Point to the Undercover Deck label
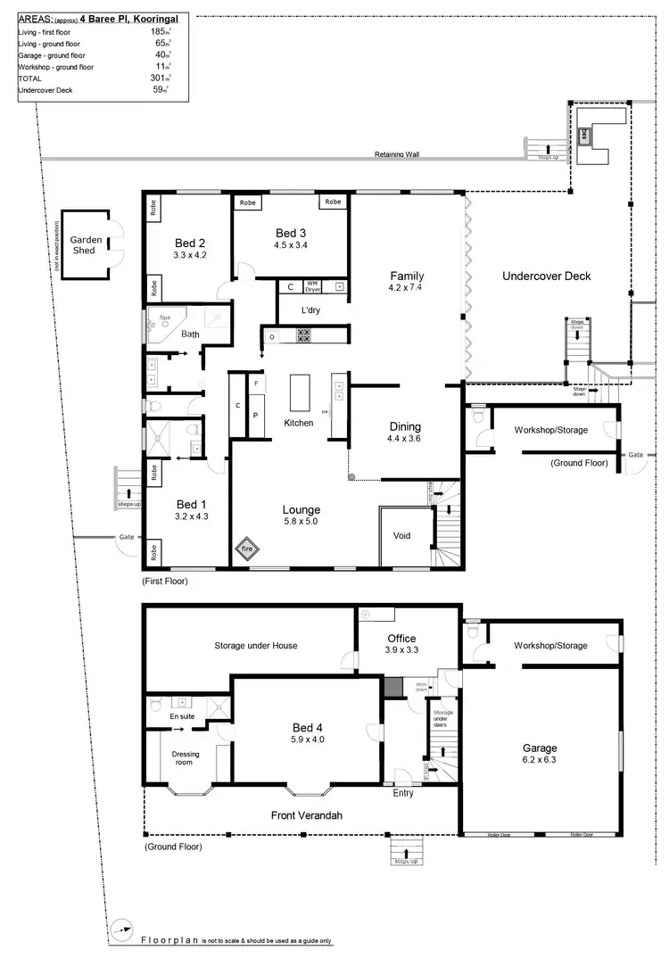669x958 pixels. point(546,276)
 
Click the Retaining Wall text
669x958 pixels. point(397,154)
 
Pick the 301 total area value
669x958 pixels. point(161,78)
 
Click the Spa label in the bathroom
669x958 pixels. point(164,317)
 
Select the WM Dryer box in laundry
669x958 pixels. point(313,286)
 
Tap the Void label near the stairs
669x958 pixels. point(401,536)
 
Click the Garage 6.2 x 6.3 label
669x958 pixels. point(540,754)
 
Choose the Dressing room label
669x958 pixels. point(186,758)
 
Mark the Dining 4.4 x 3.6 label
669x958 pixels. point(404,432)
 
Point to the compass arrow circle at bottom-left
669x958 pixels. point(123,928)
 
